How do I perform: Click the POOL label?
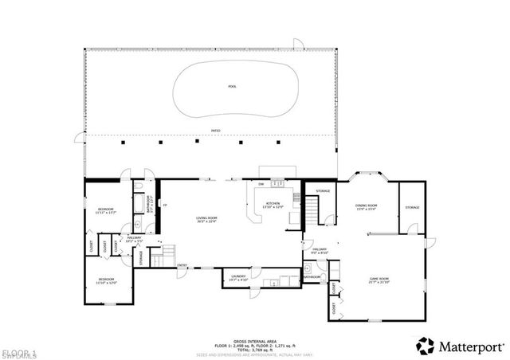[x=232, y=86]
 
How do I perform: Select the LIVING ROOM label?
[x=207, y=219]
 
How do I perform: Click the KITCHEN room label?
[x=273, y=205]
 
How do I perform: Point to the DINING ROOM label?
[x=366, y=206]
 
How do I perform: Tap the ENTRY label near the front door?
[x=182, y=265]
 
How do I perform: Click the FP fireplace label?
[x=165, y=205]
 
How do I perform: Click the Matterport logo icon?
[x=426, y=346]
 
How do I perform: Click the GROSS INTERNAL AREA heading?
[x=255, y=338]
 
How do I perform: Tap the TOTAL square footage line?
[x=255, y=348]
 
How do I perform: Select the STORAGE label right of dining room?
[x=411, y=207]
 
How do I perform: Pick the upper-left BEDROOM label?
[x=106, y=211]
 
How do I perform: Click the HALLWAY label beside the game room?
[x=320, y=251]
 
